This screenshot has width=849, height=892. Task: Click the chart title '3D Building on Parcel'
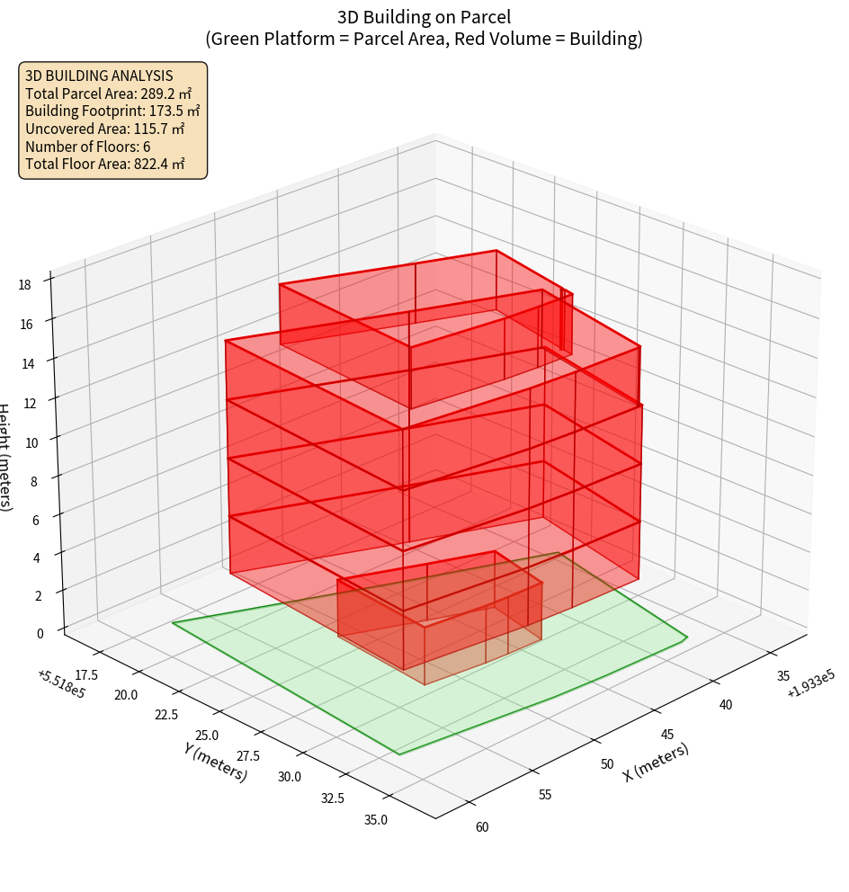click(424, 16)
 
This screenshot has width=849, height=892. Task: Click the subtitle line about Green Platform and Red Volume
click(424, 39)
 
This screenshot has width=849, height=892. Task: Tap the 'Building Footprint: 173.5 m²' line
click(112, 111)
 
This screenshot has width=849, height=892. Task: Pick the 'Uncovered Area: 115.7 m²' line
click(108, 129)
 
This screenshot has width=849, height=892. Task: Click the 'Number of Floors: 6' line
click(88, 147)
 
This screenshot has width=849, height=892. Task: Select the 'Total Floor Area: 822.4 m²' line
click(105, 164)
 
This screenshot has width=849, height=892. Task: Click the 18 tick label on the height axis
click(24, 285)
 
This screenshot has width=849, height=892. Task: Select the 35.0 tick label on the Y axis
click(375, 819)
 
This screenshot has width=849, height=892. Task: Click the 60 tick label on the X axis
click(481, 827)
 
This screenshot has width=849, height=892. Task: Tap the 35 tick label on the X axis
click(782, 676)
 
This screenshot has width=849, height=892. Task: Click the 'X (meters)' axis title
click(657, 762)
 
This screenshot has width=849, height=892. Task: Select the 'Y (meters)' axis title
click(215, 762)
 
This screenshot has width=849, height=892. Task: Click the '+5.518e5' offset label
click(62, 683)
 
